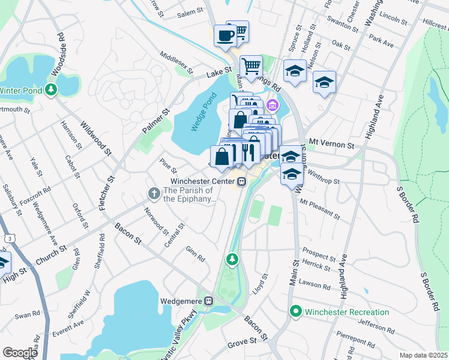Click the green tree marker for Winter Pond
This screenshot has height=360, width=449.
pos(52,90)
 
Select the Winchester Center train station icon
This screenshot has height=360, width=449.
pos(241,181)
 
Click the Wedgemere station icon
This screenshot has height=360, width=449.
pos(209,301)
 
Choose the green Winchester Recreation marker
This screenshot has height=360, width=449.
pos(295,312)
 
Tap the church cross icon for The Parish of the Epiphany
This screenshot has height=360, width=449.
pos(154,193)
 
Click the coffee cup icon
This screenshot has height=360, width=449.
pos(226,35)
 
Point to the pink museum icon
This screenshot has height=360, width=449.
pos(273,106)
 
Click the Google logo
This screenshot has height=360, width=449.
pos(20,353)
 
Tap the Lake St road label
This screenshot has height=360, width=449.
pos(219,71)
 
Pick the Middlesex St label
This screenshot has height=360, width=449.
pos(176,62)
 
